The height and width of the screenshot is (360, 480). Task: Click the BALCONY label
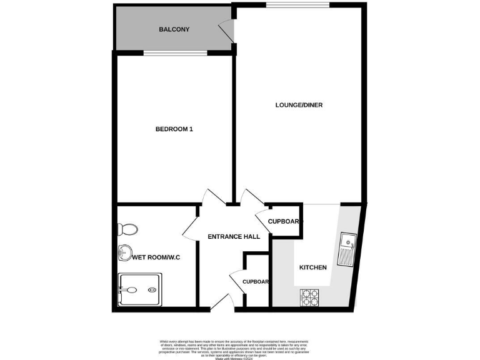point(174,29)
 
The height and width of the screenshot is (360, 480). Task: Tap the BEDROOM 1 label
point(174,129)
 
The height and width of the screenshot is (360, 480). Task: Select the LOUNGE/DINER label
point(299,105)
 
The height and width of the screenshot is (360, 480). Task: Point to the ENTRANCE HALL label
point(234,236)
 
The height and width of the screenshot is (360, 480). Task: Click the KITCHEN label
point(312,267)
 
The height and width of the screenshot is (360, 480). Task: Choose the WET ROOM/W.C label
point(156,257)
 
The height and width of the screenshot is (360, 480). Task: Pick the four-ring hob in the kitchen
point(309,297)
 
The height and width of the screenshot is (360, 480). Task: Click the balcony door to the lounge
point(224,31)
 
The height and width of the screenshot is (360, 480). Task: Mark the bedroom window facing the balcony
point(175,53)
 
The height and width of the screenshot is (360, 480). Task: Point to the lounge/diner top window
point(297,5)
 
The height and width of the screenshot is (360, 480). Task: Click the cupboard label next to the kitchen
point(285,222)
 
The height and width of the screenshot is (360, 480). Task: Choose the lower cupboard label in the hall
point(256,282)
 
